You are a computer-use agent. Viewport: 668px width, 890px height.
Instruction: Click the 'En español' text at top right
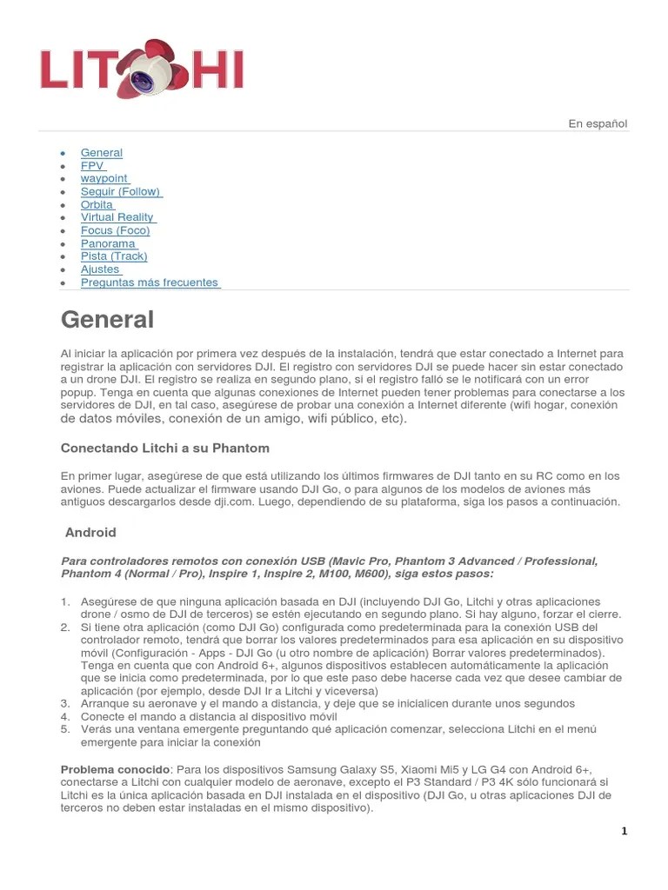(x=598, y=123)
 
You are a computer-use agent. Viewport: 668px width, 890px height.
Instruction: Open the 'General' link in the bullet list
(x=102, y=153)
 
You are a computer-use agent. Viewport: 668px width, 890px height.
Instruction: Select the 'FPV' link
(x=92, y=166)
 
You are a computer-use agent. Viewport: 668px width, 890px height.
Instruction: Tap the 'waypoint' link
(x=104, y=178)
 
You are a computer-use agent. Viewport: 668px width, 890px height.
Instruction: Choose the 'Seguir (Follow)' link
(x=121, y=191)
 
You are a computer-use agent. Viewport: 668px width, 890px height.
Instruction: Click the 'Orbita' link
(x=97, y=204)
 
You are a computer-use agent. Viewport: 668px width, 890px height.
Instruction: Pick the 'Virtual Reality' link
(x=117, y=217)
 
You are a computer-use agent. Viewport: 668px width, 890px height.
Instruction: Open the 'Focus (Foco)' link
(x=116, y=230)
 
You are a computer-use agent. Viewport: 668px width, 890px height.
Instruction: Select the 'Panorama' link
(x=109, y=243)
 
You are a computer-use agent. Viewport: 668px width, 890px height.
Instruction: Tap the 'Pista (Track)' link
(x=114, y=256)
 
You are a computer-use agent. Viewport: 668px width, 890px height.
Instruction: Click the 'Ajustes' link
(x=100, y=269)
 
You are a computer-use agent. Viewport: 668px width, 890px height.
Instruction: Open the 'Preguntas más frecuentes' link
(x=150, y=282)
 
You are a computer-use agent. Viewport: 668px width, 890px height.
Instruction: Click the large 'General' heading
(x=107, y=320)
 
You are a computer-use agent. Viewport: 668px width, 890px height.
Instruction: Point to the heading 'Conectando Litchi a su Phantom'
(x=165, y=448)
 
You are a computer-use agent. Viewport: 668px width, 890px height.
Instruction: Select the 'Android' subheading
(x=91, y=533)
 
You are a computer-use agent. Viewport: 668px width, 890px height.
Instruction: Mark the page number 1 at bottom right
(x=624, y=831)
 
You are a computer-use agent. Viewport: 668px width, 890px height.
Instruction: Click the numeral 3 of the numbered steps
(x=65, y=703)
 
